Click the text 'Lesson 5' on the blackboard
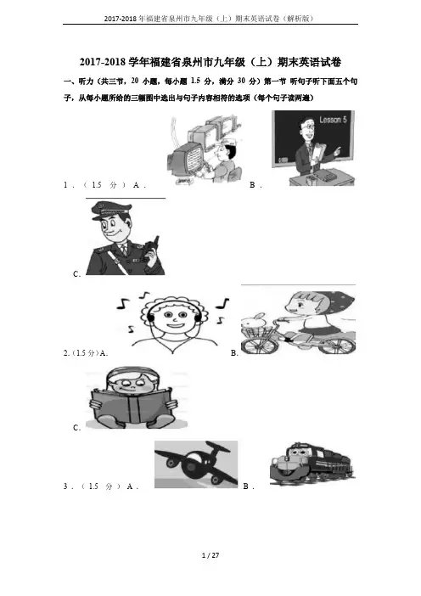point(333,120)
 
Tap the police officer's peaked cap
point(110,210)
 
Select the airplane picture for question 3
point(196,464)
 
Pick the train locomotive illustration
point(312,464)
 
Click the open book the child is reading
point(133,406)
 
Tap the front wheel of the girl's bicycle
point(259,346)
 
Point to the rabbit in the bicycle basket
point(254,322)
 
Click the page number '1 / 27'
point(210,555)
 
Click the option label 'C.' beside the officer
point(76,274)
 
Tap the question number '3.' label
point(66,486)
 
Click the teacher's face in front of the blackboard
point(307,129)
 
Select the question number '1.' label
point(66,185)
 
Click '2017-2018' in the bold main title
point(103,62)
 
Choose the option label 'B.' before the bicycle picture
point(234,353)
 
